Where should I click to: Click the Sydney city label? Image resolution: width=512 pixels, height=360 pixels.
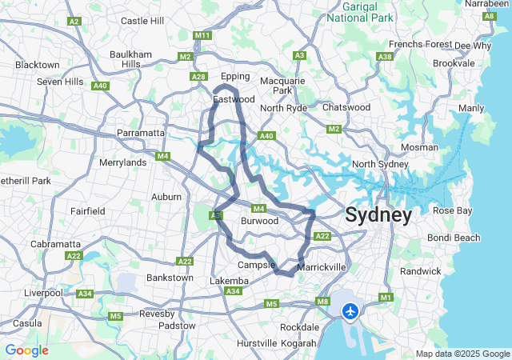[378, 214]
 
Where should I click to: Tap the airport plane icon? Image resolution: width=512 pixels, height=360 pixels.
[350, 310]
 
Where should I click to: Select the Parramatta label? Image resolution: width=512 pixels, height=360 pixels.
[141, 132]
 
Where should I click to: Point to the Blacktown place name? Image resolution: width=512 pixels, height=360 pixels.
[38, 65]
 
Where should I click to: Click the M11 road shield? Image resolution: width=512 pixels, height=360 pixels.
[202, 36]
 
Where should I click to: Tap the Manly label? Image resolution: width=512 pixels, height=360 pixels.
[471, 108]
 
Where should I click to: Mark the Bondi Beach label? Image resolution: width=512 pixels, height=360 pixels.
[456, 238]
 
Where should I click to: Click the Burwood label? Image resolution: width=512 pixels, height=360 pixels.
[260, 221]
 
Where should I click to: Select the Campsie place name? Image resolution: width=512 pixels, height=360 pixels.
[256, 264]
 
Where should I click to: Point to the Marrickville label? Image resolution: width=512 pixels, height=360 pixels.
[321, 266]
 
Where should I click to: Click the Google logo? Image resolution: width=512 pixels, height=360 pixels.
[26, 350]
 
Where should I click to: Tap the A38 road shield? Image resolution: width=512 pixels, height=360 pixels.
[385, 57]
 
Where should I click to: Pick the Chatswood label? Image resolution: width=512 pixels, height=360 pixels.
[346, 107]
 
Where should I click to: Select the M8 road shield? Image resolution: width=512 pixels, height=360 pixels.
[323, 302]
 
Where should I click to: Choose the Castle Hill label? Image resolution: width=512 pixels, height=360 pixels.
[142, 20]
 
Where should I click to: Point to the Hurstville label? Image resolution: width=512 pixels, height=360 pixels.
[258, 343]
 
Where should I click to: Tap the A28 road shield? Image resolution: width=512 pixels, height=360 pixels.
[199, 76]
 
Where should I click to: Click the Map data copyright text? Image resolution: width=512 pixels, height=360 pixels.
[462, 354]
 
